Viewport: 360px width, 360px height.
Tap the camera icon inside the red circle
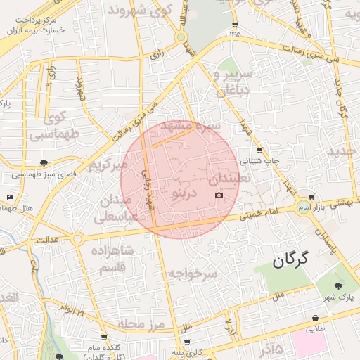(x=219, y=195)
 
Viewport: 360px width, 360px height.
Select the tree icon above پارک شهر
(x=339, y=286)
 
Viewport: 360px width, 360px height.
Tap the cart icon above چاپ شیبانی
(x=260, y=150)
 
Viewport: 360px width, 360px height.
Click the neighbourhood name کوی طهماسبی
(x=56, y=123)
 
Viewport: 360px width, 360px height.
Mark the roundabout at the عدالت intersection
(x=77, y=239)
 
